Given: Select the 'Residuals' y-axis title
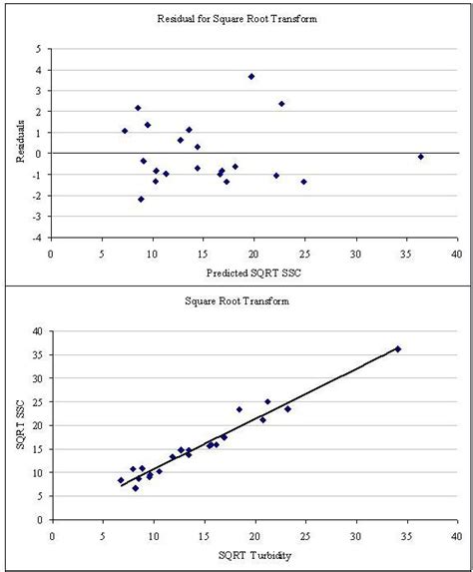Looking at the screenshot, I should click(19, 144).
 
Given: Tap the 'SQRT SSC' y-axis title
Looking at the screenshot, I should click(19, 424).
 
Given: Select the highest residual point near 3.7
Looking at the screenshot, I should click(251, 76).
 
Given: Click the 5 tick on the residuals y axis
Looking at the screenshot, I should click(37, 49).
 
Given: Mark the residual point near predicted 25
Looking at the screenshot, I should click(303, 182).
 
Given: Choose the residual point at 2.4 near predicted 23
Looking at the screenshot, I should click(281, 104).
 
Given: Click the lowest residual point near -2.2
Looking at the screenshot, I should click(141, 199).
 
